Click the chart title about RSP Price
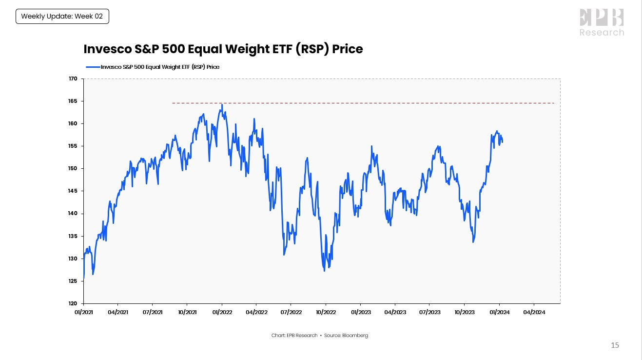click(223, 49)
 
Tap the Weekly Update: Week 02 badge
click(62, 17)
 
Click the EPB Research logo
click(602, 23)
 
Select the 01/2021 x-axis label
click(83, 311)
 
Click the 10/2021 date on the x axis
click(187, 311)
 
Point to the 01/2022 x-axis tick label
click(222, 311)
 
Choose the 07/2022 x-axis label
click(291, 311)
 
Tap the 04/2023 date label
click(395, 311)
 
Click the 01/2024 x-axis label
click(499, 311)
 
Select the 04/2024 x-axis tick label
click(533, 311)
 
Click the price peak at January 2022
click(222, 104)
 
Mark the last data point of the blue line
click(503, 142)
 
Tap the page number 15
click(615, 345)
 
